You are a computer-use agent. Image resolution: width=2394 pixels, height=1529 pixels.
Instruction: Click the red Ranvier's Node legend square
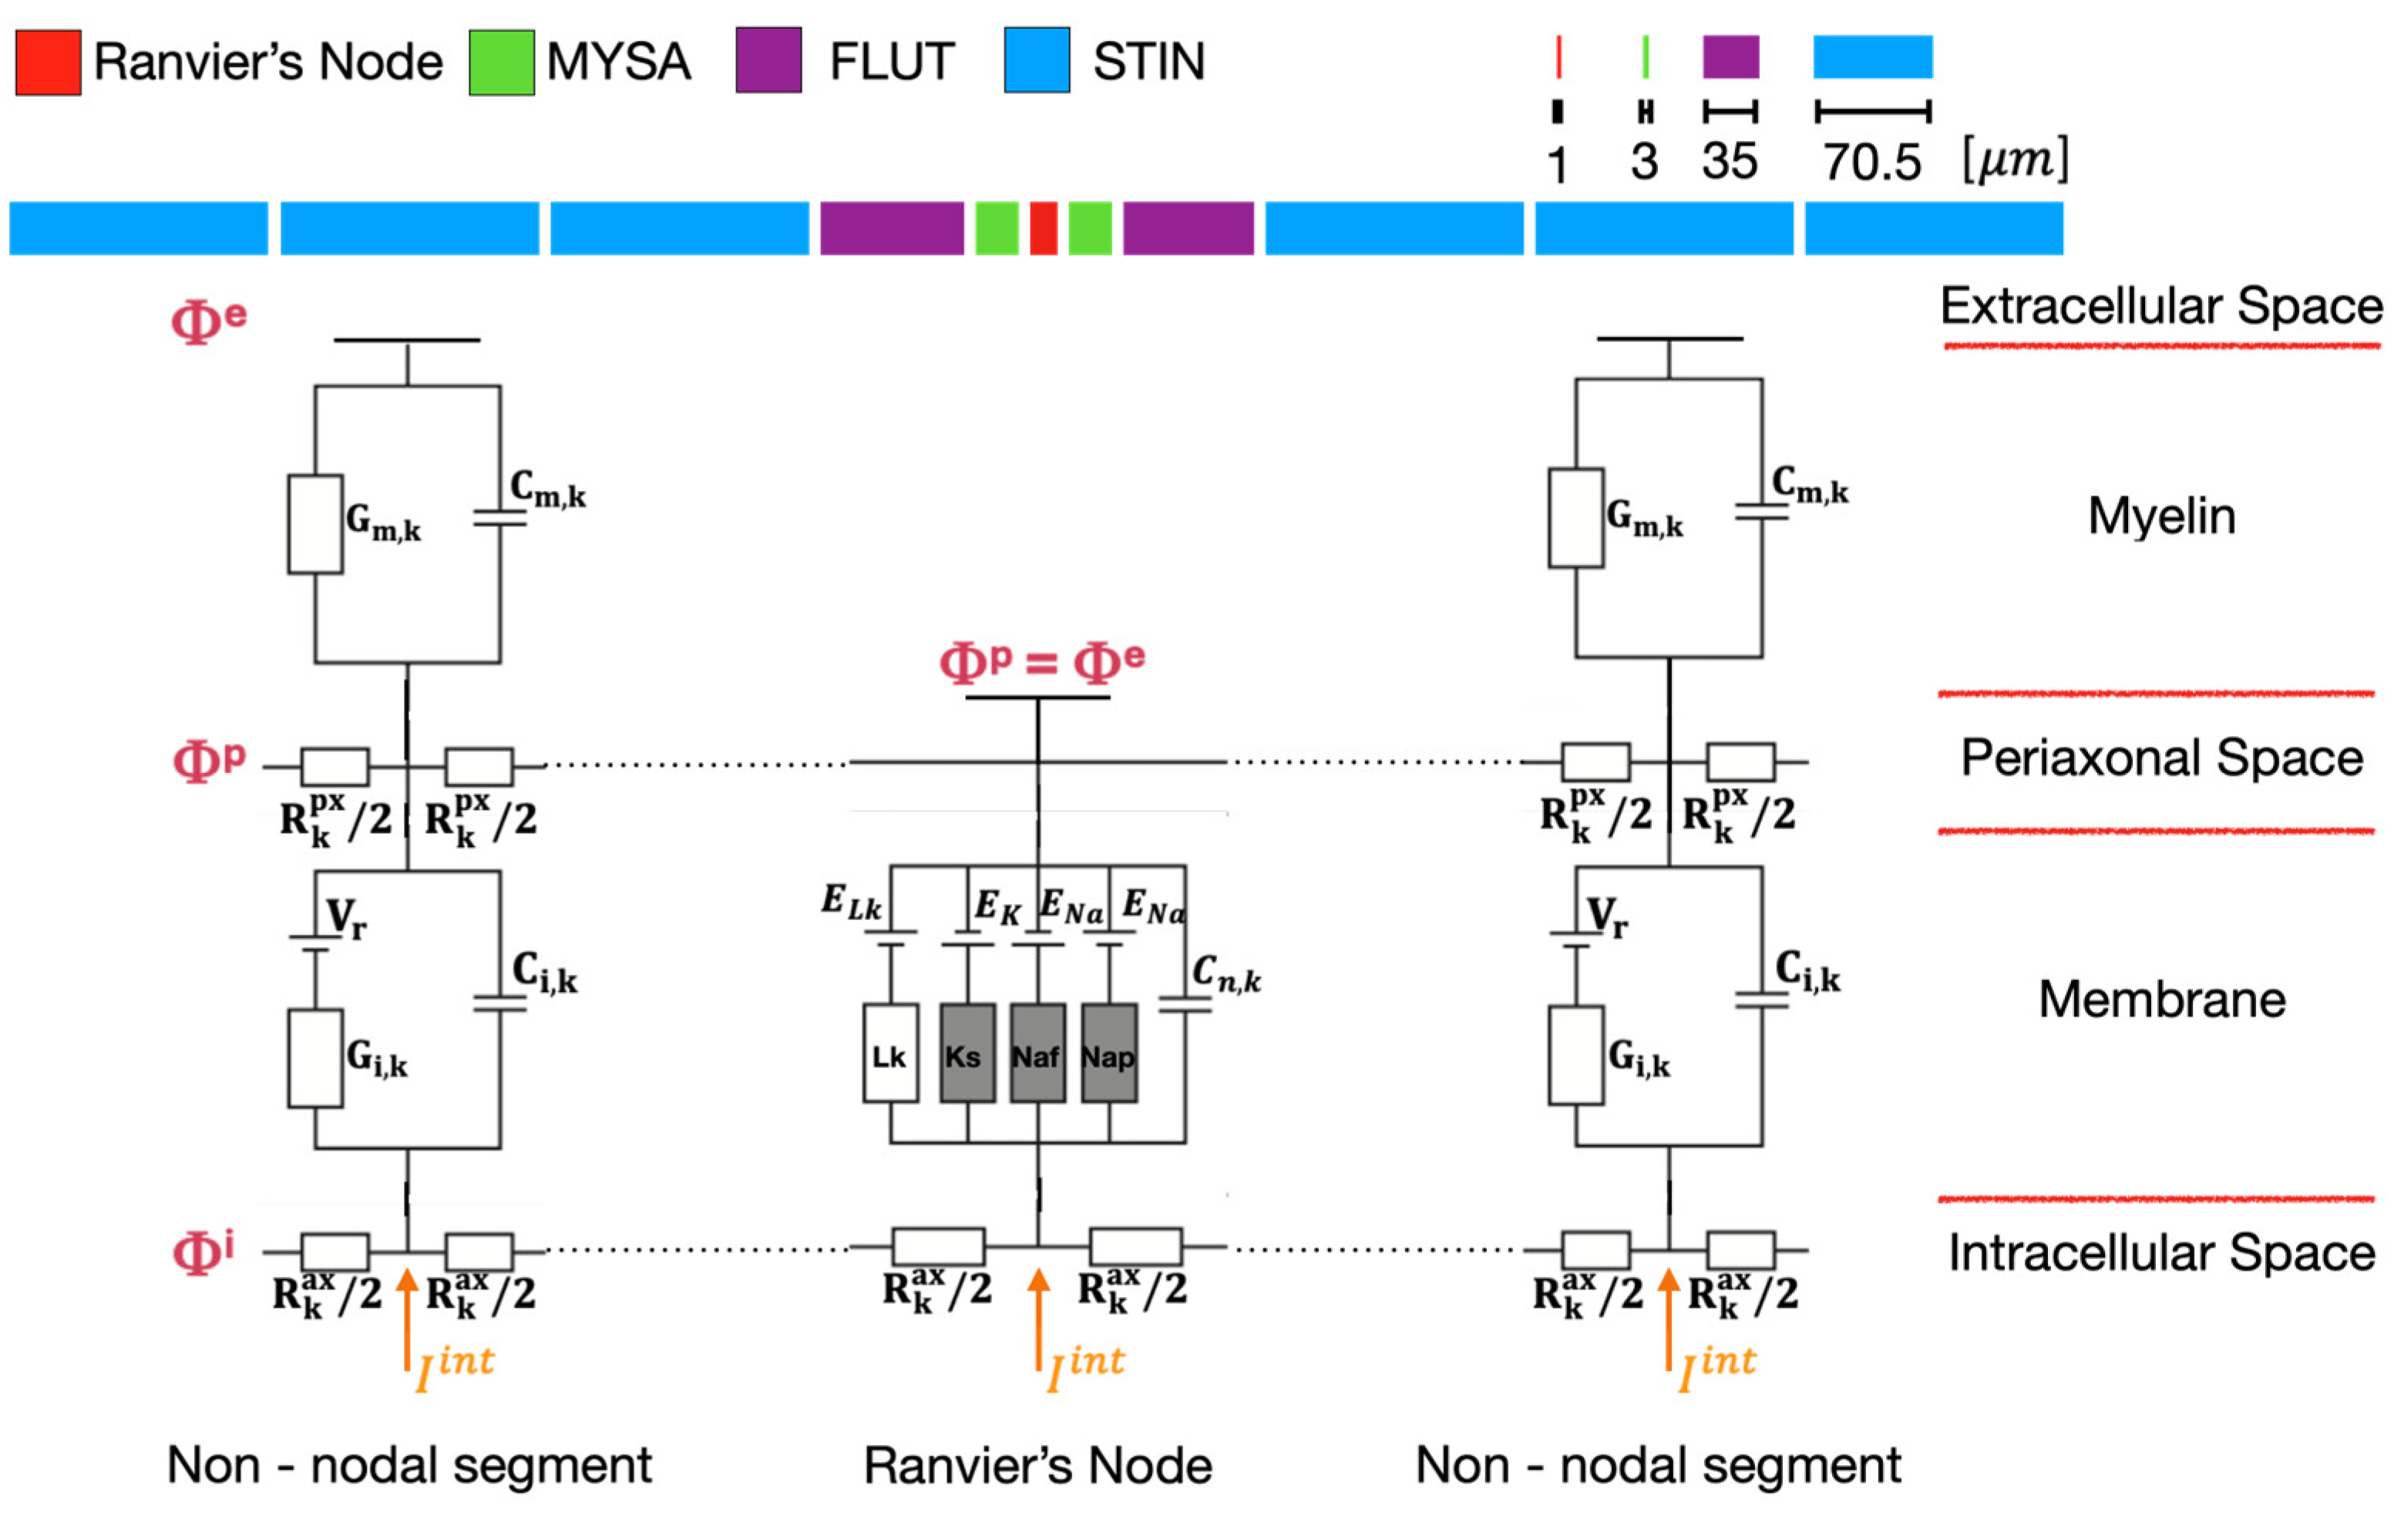48,62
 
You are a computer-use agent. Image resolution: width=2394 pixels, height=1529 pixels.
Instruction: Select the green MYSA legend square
501,62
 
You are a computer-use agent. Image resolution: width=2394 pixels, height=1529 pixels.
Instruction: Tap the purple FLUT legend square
768,61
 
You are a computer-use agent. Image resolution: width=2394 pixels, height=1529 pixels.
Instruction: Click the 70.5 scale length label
1871,162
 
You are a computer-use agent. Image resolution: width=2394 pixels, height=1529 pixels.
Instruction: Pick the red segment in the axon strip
1043,229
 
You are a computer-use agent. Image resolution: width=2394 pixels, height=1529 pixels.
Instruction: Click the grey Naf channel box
1037,1053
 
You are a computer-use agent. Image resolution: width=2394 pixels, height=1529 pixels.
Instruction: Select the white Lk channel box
889,1053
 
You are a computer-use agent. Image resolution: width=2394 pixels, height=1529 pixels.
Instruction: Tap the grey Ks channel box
967,1053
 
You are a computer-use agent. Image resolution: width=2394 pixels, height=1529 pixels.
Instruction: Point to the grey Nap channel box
1108,1053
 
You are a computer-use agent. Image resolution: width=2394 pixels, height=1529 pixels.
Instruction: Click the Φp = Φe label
1042,661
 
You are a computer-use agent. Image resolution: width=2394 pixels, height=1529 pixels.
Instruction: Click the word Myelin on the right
2161,516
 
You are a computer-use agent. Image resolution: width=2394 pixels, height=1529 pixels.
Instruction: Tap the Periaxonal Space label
2161,758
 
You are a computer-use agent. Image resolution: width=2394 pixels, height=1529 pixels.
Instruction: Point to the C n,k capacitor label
1226,973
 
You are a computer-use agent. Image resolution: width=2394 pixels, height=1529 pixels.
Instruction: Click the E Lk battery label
851,902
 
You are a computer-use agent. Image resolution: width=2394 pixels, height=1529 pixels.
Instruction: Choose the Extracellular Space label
2161,305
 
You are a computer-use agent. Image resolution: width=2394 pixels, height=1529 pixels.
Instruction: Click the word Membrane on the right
2161,999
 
